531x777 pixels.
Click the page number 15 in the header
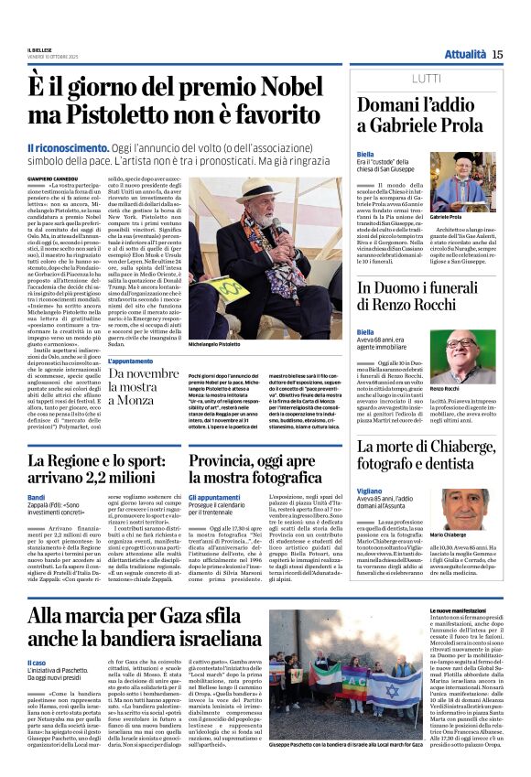(x=497, y=54)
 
